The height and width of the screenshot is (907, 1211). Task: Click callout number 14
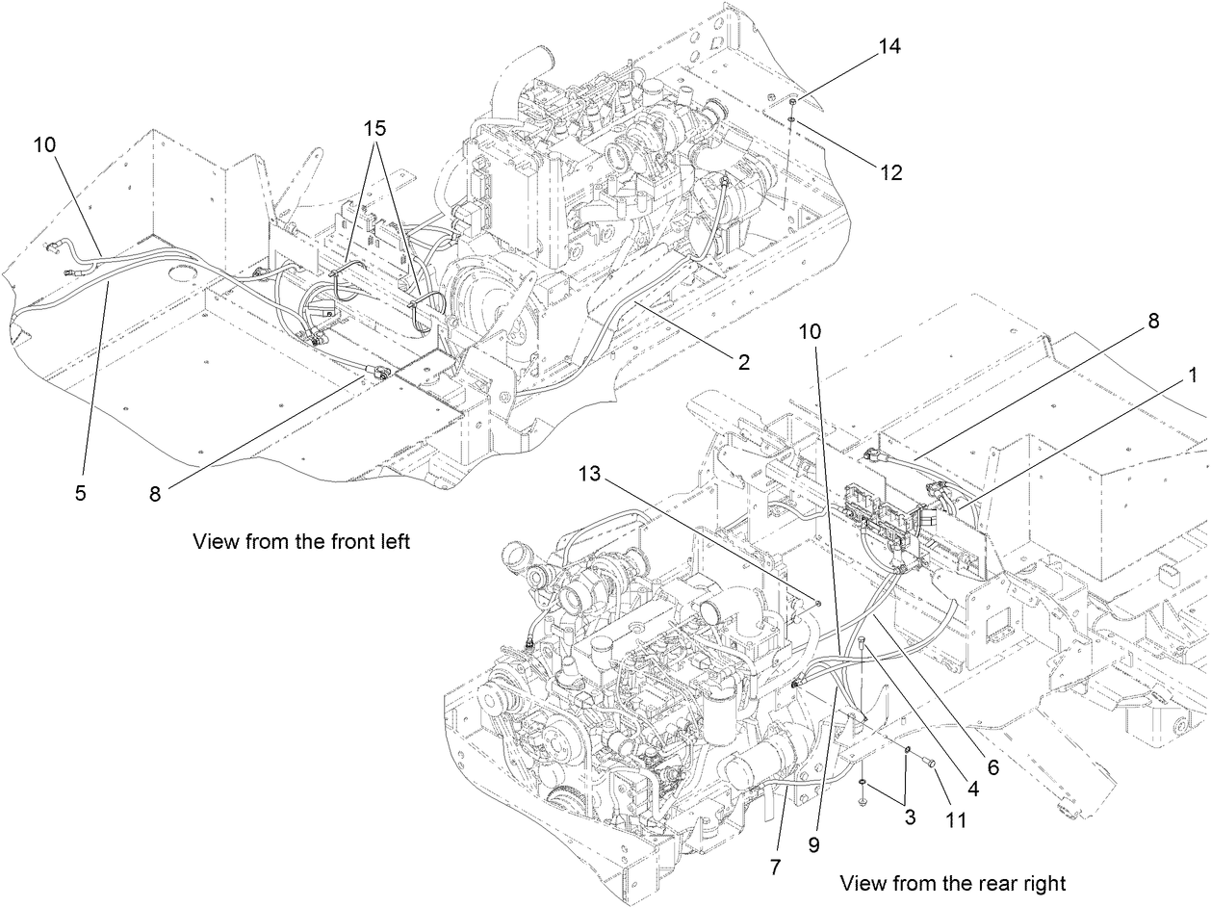[890, 46]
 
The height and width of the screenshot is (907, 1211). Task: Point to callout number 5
[81, 493]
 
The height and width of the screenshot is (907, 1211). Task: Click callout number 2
[743, 363]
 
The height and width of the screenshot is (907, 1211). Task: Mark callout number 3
[910, 818]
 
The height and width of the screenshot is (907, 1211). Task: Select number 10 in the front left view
[45, 145]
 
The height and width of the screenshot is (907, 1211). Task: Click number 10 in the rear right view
[811, 330]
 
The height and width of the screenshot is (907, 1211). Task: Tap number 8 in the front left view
[156, 493]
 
